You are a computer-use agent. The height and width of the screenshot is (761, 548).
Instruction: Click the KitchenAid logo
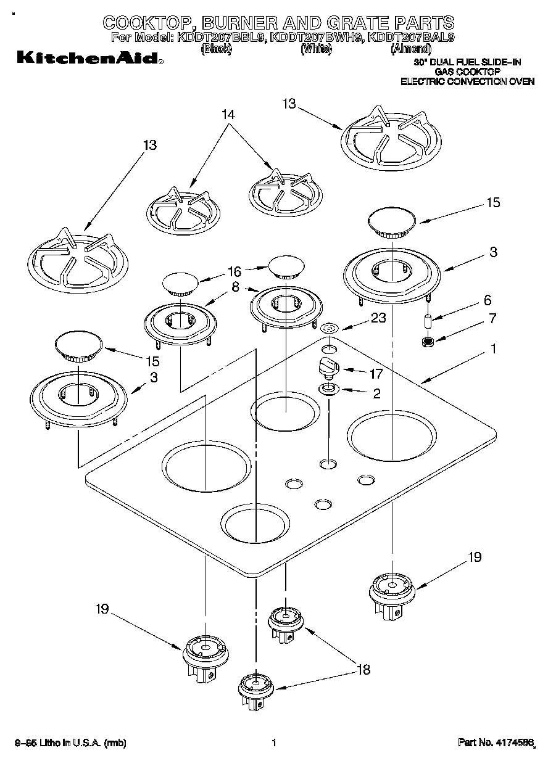tap(89, 59)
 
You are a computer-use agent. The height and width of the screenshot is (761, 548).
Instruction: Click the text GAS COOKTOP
tap(467, 72)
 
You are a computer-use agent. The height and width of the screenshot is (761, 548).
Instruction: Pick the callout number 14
tap(230, 114)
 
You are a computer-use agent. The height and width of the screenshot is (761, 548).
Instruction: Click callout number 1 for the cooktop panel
tap(492, 349)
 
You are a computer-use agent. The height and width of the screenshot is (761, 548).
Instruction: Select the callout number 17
tap(375, 373)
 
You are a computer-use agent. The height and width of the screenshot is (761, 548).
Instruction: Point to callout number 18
tap(363, 669)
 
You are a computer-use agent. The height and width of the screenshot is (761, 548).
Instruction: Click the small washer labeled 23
tap(329, 328)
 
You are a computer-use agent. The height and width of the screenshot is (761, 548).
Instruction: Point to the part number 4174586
tap(513, 743)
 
